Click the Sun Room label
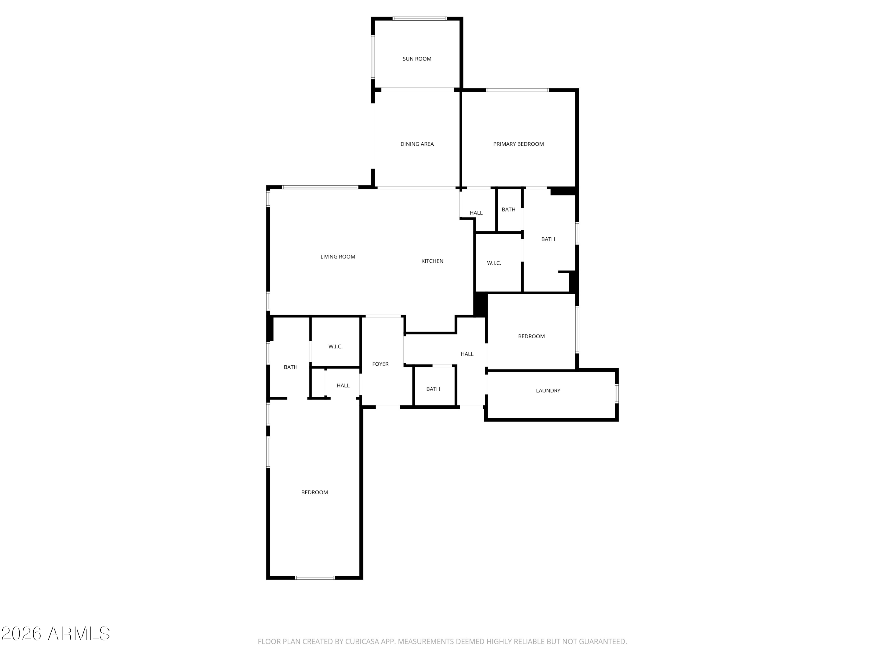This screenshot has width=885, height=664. (x=417, y=59)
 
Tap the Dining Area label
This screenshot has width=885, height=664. (x=417, y=144)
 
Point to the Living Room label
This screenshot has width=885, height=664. (x=338, y=256)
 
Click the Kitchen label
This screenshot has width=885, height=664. (x=432, y=261)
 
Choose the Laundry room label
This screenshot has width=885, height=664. (x=548, y=391)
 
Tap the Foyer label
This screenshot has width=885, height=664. (x=380, y=364)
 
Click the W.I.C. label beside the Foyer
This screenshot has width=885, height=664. (x=335, y=347)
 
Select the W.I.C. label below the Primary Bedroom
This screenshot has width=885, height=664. (x=494, y=263)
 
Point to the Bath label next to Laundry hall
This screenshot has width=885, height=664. (x=433, y=389)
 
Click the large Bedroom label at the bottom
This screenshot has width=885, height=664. (x=314, y=492)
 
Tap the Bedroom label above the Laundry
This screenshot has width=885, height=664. (x=531, y=336)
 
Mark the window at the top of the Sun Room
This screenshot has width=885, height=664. (x=419, y=18)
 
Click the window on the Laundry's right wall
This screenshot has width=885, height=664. (x=617, y=393)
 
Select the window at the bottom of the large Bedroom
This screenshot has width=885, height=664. (x=315, y=578)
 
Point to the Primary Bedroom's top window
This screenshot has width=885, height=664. (x=517, y=90)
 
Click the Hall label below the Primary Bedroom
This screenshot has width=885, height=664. (x=476, y=213)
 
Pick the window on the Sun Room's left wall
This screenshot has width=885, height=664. (x=373, y=57)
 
